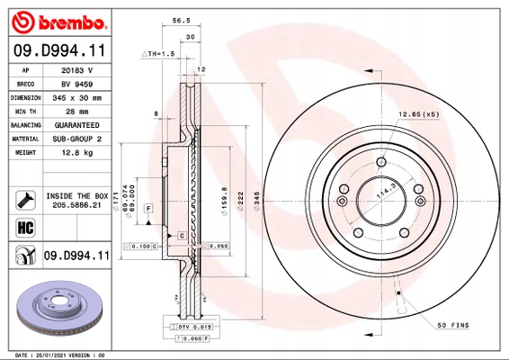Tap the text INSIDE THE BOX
click(76, 195)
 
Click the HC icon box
click(24, 228)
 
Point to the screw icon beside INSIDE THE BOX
click(24, 199)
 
